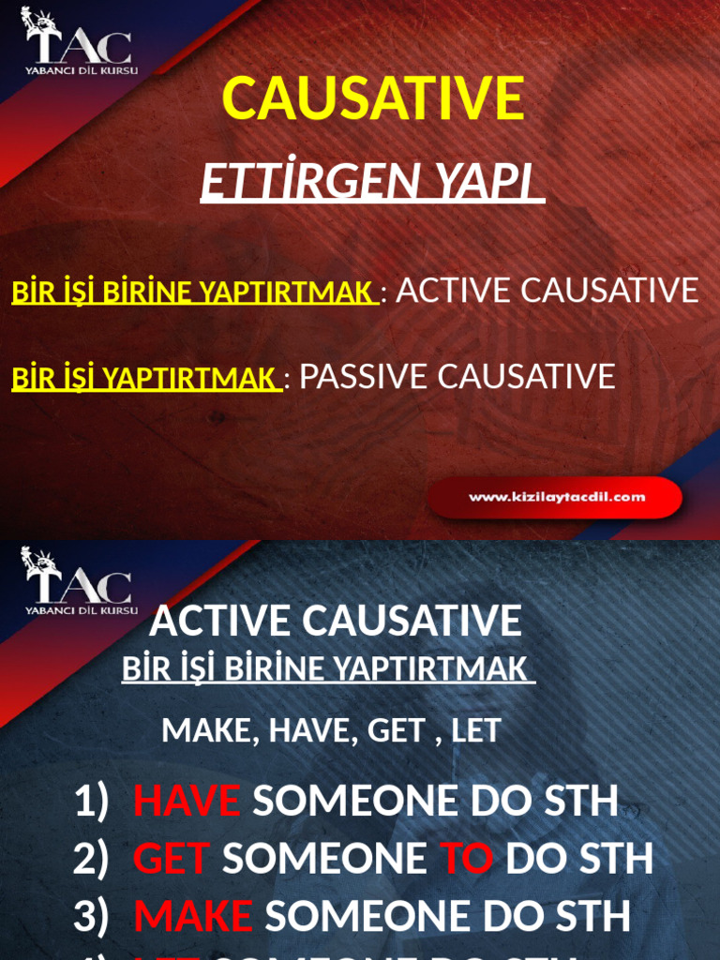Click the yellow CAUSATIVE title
coord(373,98)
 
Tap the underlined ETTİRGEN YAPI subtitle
coord(372,182)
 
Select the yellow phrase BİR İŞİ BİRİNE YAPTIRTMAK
coord(193,292)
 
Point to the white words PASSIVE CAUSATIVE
coord(457,377)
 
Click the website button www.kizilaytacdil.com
coord(556,497)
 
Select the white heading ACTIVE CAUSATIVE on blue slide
coord(335,621)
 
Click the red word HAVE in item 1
coord(187,801)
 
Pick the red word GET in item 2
coord(171,859)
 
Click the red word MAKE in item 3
coord(192,917)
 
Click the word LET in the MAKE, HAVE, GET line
coord(475,730)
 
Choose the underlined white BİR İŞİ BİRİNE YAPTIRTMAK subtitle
coord(327,669)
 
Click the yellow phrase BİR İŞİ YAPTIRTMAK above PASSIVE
coord(144,379)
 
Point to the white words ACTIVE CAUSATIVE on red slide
coord(547,291)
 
